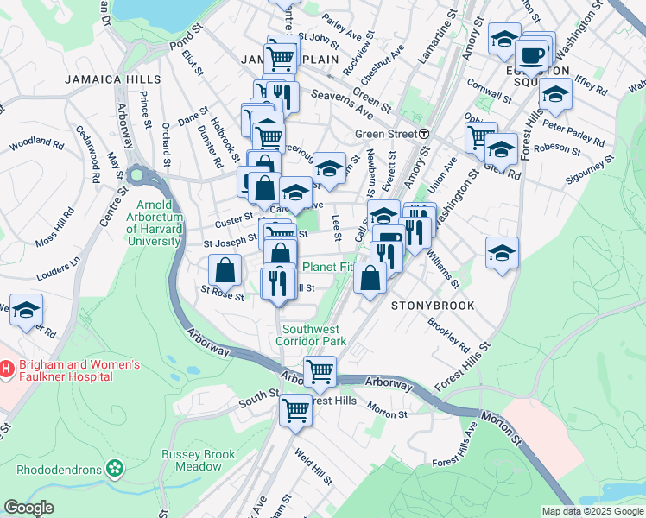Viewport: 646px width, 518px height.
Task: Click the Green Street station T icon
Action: [x=424, y=134]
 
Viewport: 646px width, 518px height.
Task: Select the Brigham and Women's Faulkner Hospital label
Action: [x=78, y=370]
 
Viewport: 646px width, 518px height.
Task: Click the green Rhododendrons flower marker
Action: [x=114, y=469]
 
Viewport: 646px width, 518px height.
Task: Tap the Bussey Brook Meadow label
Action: [x=192, y=460]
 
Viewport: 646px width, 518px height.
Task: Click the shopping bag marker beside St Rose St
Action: [x=225, y=270]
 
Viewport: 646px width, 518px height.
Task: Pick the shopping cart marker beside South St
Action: [x=296, y=409]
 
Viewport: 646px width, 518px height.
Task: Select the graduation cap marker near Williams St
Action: [x=502, y=252]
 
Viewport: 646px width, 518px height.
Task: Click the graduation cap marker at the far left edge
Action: [x=27, y=308]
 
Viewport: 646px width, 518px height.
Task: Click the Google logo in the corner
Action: [x=29, y=508]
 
